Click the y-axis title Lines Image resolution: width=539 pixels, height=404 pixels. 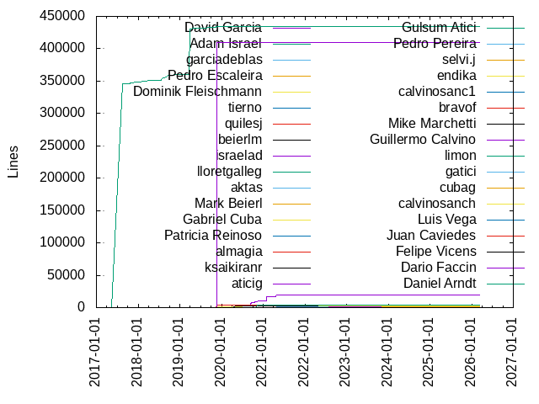pyautogui.click(x=13, y=162)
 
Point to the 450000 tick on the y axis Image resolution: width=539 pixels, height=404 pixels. pyautogui.click(x=61, y=16)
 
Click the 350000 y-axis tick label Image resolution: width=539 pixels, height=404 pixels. pyautogui.click(x=61, y=81)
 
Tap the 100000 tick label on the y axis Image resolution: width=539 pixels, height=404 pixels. pyautogui.click(x=61, y=242)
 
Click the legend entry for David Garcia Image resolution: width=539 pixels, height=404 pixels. pyautogui.click(x=223, y=28)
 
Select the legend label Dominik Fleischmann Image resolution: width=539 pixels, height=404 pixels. pyautogui.click(x=197, y=92)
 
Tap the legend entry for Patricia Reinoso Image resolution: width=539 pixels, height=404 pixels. pyautogui.click(x=213, y=235)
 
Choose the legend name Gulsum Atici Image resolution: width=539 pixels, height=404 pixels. pyautogui.click(x=439, y=28)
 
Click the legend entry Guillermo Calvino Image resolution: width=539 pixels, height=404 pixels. pyautogui.click(x=423, y=139)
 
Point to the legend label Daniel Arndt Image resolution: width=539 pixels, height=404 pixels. pyautogui.click(x=440, y=283)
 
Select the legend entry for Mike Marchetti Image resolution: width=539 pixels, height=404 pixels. pyautogui.click(x=432, y=123)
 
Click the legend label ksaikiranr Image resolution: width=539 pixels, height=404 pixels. pyautogui.click(x=232, y=267)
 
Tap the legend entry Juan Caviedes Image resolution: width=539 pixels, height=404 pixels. pyautogui.click(x=431, y=235)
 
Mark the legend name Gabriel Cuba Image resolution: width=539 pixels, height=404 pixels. pyautogui.click(x=222, y=219)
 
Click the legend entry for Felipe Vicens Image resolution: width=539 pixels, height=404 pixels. pyautogui.click(x=435, y=251)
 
